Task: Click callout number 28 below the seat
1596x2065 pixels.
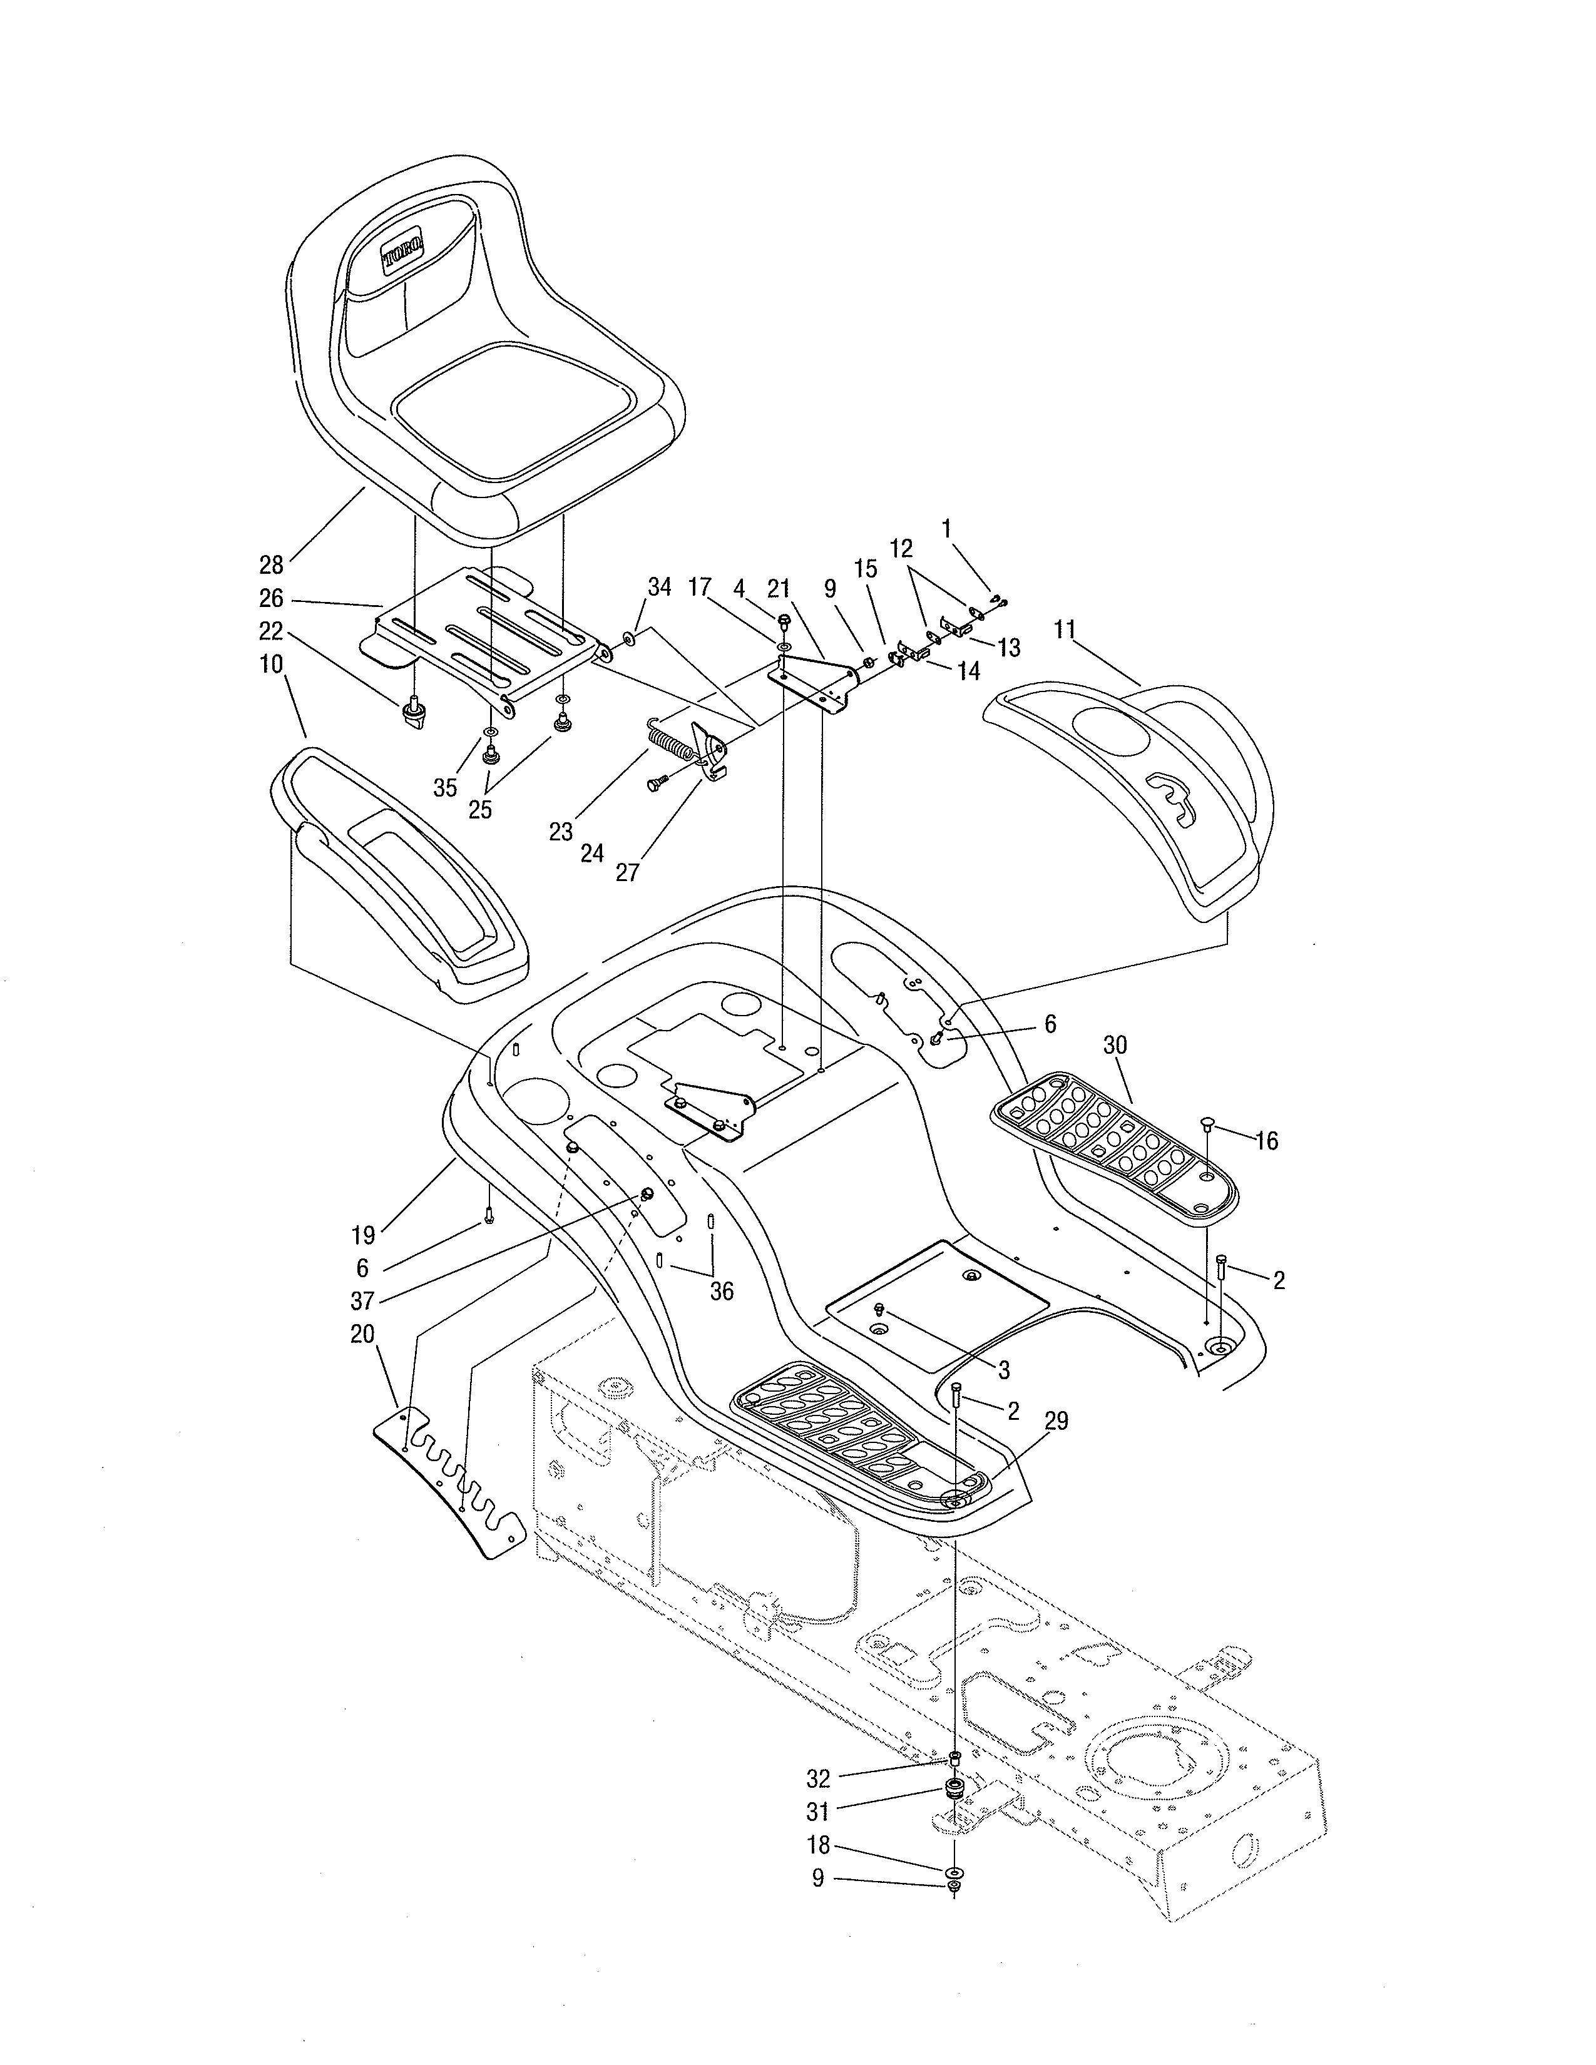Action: pyautogui.click(x=272, y=566)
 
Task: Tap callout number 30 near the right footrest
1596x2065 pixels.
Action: pyautogui.click(x=1116, y=1045)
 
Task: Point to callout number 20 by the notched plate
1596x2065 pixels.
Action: pyautogui.click(x=362, y=1334)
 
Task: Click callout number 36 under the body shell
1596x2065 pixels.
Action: pyautogui.click(x=722, y=1292)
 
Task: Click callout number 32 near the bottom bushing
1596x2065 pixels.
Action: pyautogui.click(x=818, y=1778)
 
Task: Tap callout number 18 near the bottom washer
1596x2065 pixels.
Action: pyautogui.click(x=819, y=1845)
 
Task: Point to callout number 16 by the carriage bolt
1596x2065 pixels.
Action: pyautogui.click(x=1266, y=1141)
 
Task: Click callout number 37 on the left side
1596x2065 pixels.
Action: pyautogui.click(x=362, y=1301)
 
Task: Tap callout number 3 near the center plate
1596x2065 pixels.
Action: pyautogui.click(x=1004, y=1370)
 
